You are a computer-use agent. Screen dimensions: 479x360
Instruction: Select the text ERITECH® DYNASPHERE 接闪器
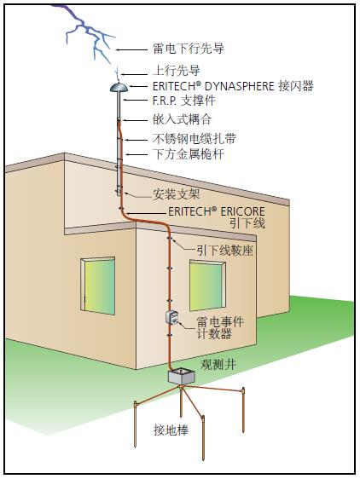point(233,86)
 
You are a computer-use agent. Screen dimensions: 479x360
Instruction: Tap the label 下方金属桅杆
point(182,154)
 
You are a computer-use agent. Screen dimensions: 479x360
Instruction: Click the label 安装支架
point(176,193)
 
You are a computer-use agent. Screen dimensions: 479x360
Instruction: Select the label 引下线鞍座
point(224,251)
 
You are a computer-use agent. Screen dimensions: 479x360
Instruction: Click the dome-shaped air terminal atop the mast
point(119,86)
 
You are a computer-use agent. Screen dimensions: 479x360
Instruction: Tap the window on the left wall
point(97,285)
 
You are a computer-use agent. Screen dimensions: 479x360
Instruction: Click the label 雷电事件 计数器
point(219,328)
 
